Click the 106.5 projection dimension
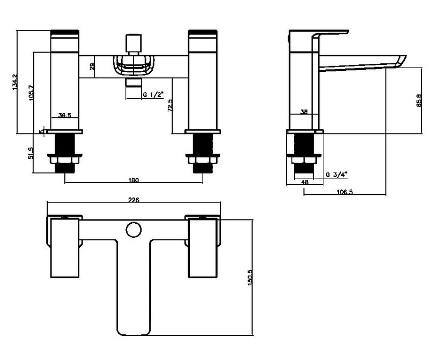(344, 192)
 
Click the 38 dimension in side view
(304, 112)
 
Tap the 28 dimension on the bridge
(92, 67)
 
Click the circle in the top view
(133, 230)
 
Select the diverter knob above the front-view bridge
(133, 42)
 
